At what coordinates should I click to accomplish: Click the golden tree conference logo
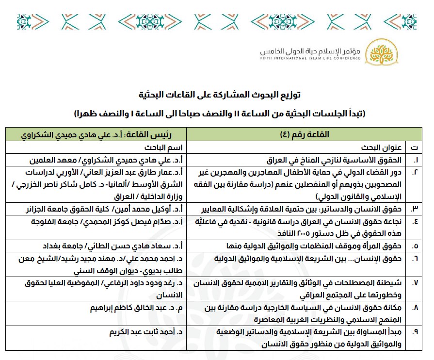coord(377,52)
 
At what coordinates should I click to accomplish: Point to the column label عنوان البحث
coord(376,147)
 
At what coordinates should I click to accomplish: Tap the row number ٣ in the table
coord(415,209)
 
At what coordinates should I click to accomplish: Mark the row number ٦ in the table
coord(415,259)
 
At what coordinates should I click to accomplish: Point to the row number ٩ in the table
coord(415,333)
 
